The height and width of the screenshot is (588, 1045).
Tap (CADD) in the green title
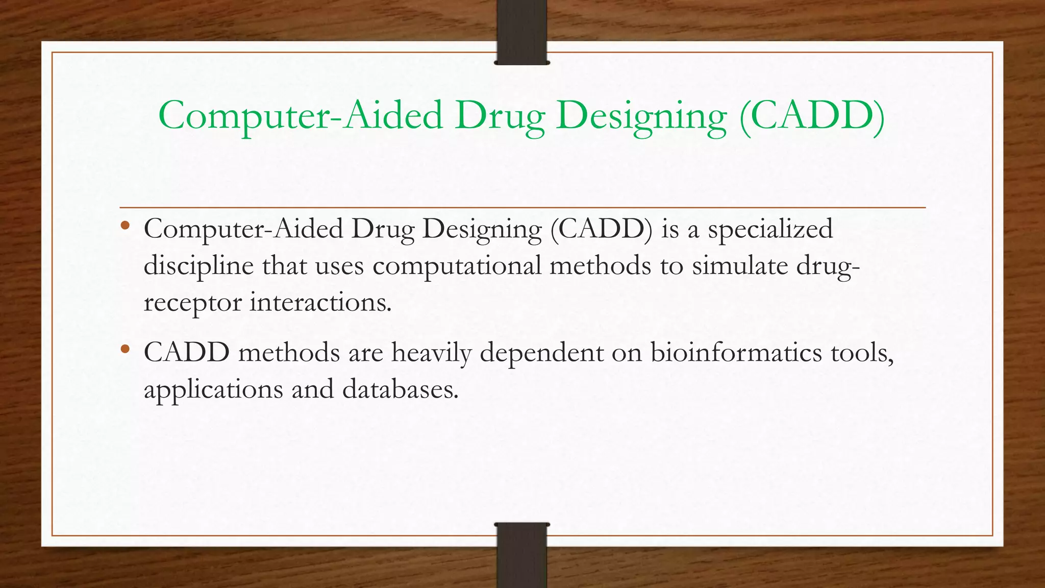812,116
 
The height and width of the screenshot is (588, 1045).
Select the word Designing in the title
641,116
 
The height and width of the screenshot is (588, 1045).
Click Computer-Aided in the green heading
300,116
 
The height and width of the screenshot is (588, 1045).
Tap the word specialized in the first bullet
770,229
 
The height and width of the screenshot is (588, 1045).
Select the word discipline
198,266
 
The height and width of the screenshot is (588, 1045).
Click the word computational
457,266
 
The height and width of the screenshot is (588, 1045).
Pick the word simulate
740,266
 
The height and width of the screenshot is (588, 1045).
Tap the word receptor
192,303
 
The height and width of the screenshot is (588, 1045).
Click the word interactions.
320,303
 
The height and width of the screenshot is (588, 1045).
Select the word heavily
432,353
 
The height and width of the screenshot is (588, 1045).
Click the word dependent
541,353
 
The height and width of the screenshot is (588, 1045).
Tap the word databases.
401,389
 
